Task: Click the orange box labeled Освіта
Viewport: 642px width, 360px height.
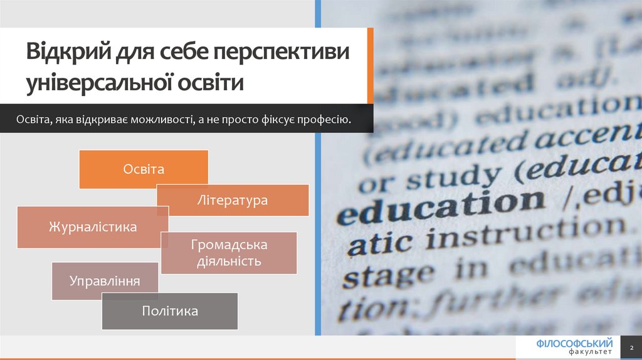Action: click(144, 169)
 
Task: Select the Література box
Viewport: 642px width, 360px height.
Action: click(233, 201)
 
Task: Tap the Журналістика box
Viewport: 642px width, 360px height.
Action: click(93, 226)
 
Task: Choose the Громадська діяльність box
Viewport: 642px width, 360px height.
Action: click(229, 253)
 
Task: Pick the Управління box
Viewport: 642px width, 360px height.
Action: click(105, 281)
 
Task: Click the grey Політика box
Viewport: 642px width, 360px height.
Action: click(170, 311)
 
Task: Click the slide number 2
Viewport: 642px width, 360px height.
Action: click(632, 347)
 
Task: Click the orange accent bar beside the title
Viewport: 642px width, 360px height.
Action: click(371, 66)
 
